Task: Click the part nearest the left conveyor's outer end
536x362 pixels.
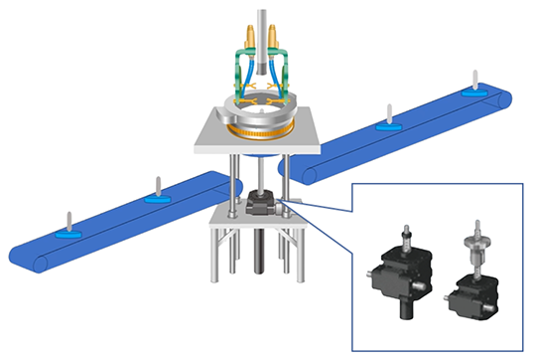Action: click(67, 231)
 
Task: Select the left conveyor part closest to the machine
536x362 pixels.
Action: click(154, 193)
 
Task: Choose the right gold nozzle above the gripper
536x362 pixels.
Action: click(279, 41)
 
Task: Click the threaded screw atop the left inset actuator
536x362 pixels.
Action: click(405, 237)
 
